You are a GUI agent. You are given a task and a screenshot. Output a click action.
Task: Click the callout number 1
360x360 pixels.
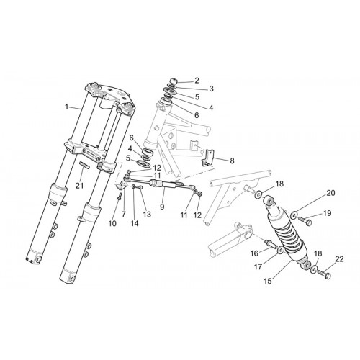click(67, 107)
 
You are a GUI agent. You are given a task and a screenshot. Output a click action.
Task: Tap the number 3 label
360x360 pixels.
click(211, 89)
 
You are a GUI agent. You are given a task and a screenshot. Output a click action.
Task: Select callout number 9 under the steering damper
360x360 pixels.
click(162, 207)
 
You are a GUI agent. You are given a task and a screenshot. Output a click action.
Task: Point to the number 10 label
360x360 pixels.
click(112, 223)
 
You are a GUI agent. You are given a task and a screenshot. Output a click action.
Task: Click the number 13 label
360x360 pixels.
click(147, 214)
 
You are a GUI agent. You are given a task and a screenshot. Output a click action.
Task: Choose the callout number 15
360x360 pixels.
click(268, 281)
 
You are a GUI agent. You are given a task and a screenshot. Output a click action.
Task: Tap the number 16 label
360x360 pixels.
click(254, 253)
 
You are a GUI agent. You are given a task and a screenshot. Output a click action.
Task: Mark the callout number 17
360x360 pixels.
click(258, 266)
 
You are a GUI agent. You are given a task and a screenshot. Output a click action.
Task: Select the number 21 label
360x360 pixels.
click(80, 186)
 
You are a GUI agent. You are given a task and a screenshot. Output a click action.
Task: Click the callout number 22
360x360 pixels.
click(340, 259)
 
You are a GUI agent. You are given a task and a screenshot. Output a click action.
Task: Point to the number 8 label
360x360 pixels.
click(232, 161)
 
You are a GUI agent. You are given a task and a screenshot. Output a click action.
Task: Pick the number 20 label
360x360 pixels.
click(330, 193)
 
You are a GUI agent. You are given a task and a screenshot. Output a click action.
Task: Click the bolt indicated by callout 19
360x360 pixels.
click(305, 220)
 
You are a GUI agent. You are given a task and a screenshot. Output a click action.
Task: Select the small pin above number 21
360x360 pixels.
click(84, 166)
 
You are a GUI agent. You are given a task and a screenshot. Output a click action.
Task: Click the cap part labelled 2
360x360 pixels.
click(174, 81)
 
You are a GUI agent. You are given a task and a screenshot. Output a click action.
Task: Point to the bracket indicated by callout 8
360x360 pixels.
click(207, 158)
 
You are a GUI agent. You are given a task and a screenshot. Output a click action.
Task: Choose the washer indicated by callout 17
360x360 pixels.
click(281, 251)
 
